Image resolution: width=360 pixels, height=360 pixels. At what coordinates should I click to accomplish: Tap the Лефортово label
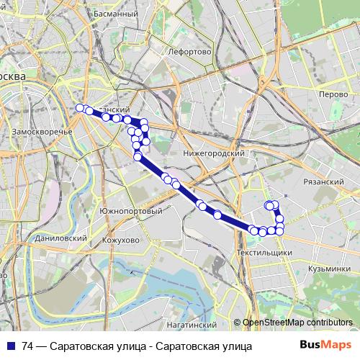(x=189, y=52)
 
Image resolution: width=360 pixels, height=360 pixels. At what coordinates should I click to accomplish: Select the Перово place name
(x=334, y=94)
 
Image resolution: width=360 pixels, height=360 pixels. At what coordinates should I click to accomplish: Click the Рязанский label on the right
(x=324, y=182)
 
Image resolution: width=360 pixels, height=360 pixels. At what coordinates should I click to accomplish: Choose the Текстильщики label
(x=264, y=253)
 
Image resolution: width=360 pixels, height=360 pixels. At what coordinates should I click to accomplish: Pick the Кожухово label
(x=120, y=240)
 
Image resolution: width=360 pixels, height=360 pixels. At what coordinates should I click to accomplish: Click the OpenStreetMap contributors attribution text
(x=297, y=323)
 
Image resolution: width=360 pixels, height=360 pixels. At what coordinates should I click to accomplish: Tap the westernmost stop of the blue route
(x=80, y=108)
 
